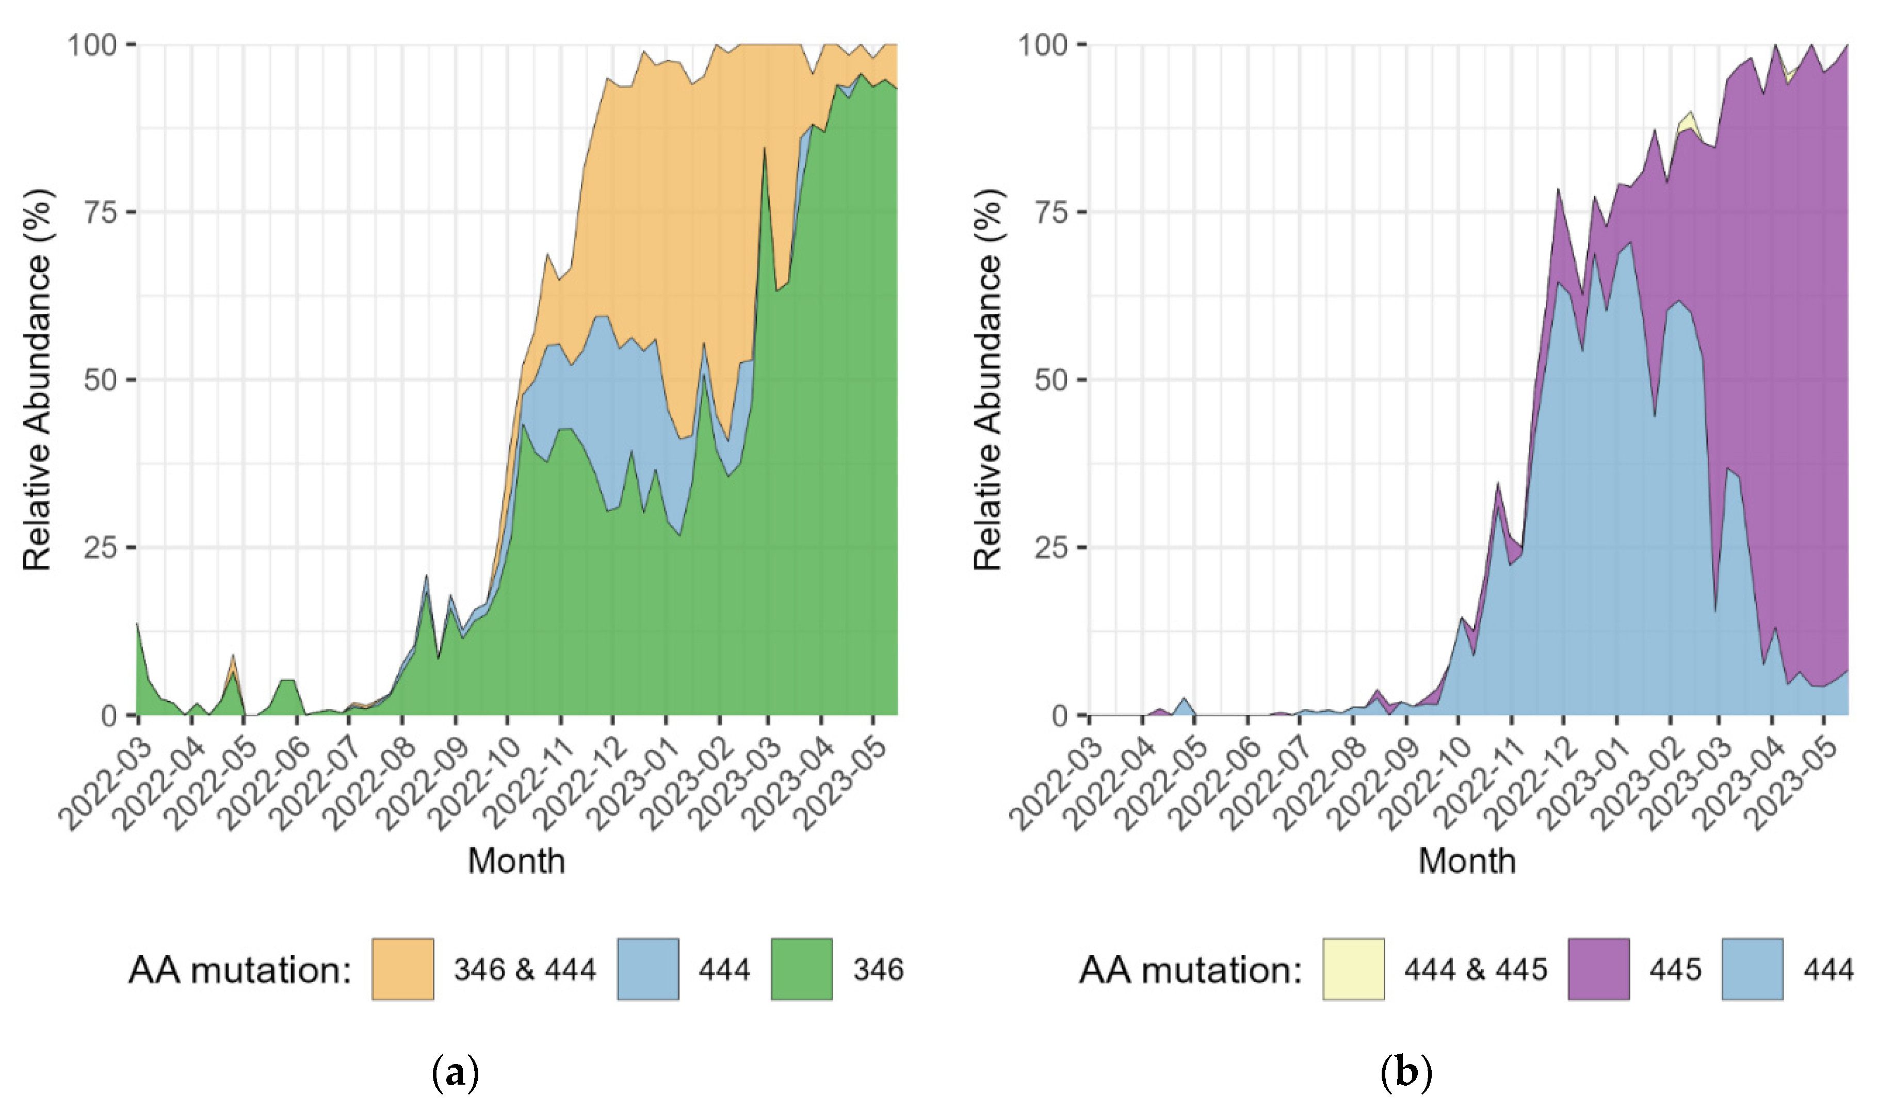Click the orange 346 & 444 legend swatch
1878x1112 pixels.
click(402, 969)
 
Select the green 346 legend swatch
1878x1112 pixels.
click(801, 969)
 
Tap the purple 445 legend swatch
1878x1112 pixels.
click(1598, 969)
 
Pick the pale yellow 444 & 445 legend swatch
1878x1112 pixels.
click(1353, 969)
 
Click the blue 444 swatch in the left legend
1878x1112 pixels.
click(647, 969)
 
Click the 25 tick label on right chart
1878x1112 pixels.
click(1051, 548)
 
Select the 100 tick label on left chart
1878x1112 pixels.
click(94, 45)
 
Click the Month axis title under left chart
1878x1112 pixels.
click(516, 860)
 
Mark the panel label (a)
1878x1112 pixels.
click(455, 1073)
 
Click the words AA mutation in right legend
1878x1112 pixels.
click(1190, 970)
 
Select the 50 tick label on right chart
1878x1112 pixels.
click(1051, 380)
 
